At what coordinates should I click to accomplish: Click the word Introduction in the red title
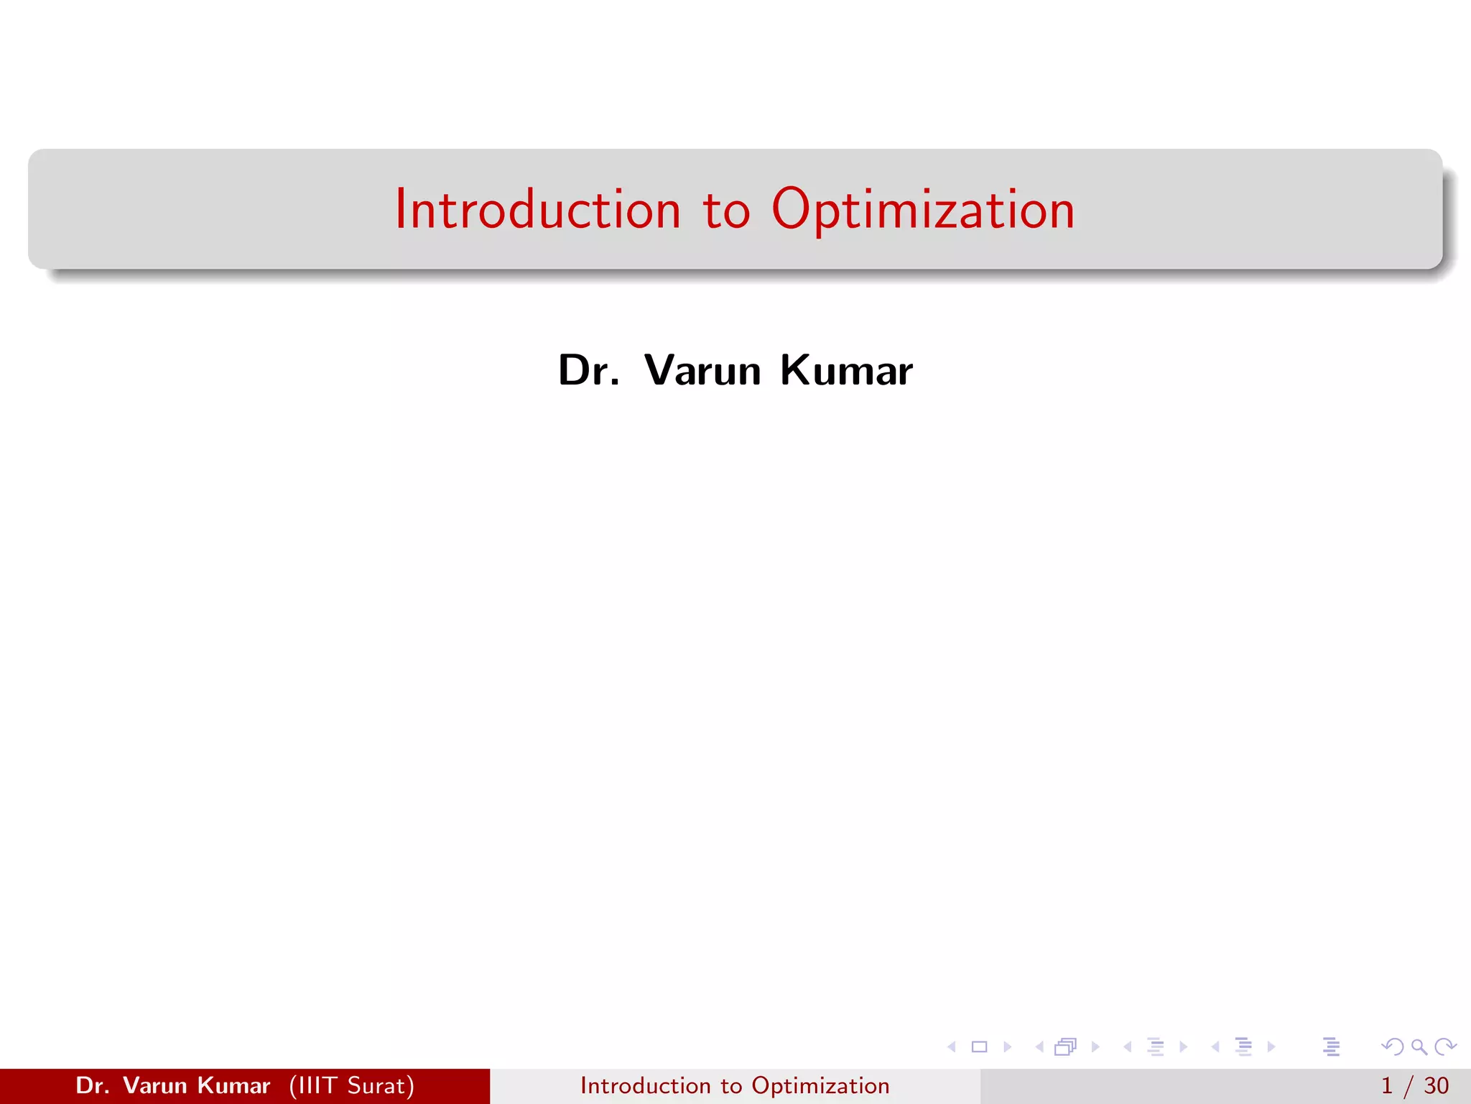(537, 209)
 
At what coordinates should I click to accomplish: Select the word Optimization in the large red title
(923, 211)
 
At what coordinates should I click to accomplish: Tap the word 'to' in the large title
(726, 211)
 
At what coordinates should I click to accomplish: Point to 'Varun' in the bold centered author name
(702, 371)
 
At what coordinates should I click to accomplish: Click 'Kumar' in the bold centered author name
(846, 371)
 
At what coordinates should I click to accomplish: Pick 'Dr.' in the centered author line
(588, 371)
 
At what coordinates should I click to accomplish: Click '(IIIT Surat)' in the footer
(352, 1085)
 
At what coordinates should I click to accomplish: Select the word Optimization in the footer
(820, 1086)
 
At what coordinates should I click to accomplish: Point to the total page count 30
(1436, 1085)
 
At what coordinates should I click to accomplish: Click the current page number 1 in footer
(1387, 1085)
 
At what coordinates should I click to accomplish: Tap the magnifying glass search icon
(1419, 1047)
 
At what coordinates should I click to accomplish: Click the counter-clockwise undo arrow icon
(1392, 1047)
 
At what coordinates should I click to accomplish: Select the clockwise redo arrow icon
(1445, 1047)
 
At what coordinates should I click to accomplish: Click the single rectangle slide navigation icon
(979, 1047)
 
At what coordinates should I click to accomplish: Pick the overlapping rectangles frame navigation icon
(1065, 1047)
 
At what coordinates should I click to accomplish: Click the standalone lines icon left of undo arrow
(1331, 1047)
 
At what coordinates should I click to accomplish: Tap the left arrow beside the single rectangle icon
(952, 1047)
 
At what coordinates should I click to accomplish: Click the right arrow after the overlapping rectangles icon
(1095, 1047)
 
